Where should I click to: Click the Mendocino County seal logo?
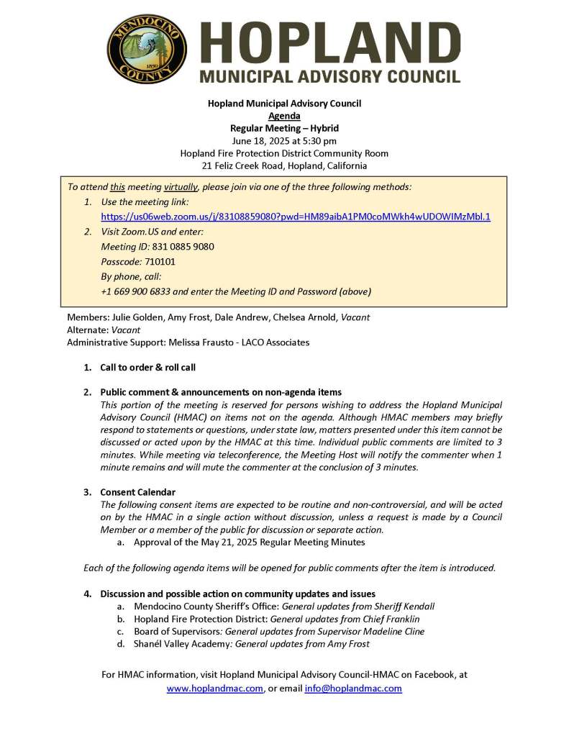147,50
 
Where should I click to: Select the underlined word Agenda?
284,116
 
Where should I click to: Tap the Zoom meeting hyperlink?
296,216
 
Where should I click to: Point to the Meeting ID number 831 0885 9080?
183,247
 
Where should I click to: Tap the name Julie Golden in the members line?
137,317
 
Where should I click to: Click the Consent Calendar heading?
137,492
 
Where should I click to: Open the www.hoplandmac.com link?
214,689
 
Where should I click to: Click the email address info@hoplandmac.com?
353,689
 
